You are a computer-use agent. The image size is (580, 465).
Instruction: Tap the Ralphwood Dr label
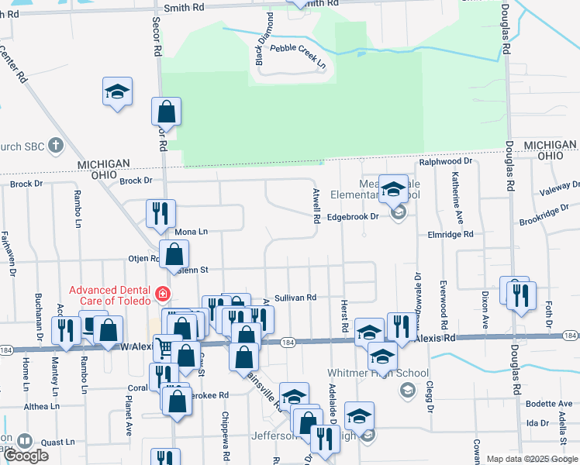point(446,161)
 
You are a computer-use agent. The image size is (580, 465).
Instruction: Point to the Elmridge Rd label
point(450,233)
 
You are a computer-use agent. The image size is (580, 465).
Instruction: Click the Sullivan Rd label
point(296,298)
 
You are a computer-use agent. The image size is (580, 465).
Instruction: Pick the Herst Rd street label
point(344,319)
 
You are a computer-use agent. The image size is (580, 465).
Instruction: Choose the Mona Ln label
point(192,232)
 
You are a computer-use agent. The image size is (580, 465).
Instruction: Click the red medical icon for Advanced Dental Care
point(162,294)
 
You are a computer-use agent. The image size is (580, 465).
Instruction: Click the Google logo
point(25,456)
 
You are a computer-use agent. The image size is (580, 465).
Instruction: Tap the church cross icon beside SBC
point(55,145)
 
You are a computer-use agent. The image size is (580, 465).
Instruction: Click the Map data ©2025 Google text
point(531,459)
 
